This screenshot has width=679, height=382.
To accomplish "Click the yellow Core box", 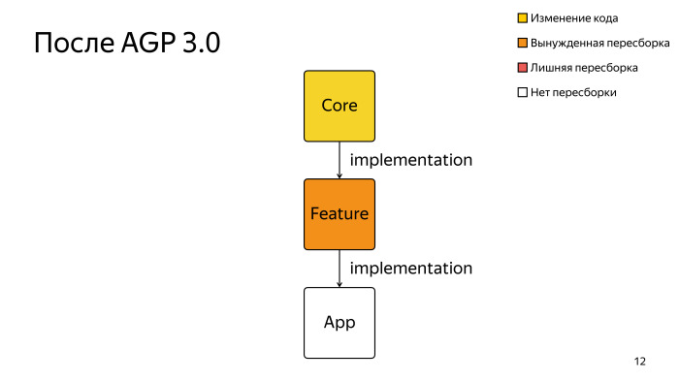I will point(339,106).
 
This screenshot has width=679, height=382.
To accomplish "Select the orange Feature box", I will point(339,214).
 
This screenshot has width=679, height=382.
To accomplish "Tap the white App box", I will point(339,323).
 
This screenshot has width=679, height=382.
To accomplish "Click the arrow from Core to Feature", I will point(339,160).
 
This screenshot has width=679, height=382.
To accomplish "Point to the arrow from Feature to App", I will point(339,269).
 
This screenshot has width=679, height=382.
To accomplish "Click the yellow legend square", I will point(522,17).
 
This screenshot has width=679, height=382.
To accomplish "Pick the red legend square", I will point(522,68).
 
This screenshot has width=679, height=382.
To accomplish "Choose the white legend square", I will point(522,93).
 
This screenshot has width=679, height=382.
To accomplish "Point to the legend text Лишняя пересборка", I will point(583,68).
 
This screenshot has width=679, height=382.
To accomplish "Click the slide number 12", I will point(639,362).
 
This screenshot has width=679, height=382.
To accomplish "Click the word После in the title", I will point(74,45).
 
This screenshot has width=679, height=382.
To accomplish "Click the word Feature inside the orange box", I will point(339,214).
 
